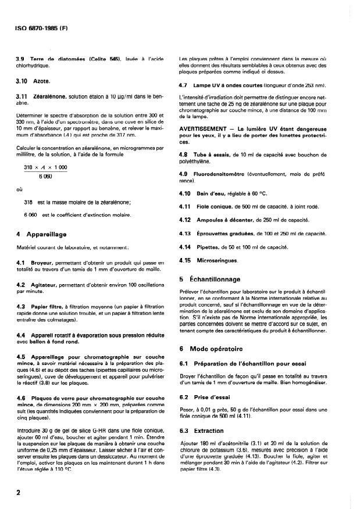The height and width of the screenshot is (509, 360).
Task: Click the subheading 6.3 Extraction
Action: click(x=201, y=431)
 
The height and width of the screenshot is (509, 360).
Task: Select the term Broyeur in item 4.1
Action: click(x=42, y=263)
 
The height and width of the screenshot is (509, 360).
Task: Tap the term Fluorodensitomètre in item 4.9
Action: click(x=226, y=174)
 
